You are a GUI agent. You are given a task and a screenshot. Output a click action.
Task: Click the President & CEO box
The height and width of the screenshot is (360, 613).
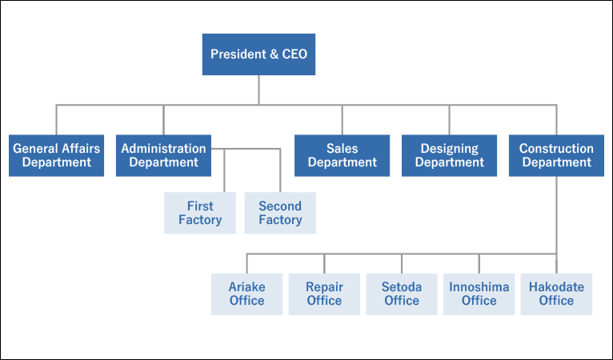click(258, 54)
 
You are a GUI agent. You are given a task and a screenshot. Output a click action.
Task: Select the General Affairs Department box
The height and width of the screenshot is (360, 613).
click(56, 155)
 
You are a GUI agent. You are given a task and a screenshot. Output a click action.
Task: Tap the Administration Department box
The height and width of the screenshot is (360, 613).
click(163, 155)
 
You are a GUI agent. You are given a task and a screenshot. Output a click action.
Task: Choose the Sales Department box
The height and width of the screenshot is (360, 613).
click(342, 155)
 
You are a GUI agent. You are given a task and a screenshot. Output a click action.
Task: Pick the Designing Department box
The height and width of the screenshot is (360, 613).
click(449, 155)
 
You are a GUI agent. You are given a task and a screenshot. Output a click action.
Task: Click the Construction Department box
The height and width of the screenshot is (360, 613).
click(556, 155)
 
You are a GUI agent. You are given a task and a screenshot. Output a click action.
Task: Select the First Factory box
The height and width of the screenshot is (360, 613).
click(200, 213)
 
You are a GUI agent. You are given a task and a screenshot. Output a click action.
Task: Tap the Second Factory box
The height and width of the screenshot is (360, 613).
click(280, 213)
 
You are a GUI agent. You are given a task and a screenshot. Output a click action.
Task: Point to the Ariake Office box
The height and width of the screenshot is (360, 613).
click(246, 294)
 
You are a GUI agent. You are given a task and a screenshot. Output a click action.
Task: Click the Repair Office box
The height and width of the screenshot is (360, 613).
click(324, 294)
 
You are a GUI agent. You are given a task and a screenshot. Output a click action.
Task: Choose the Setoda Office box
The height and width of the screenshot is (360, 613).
click(402, 294)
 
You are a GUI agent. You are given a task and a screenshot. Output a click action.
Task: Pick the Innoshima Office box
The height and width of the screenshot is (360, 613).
click(479, 294)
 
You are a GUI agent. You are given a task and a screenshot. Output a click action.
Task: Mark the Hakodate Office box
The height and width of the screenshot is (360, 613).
click(556, 294)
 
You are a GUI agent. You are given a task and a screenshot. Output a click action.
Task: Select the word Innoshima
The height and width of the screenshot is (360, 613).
click(479, 287)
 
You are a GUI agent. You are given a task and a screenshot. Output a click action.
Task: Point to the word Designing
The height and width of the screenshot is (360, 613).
click(449, 149)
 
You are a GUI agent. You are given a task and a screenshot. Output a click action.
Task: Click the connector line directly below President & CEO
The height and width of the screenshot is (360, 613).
click(258, 90)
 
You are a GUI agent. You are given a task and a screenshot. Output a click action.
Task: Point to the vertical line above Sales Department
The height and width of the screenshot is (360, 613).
click(342, 119)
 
